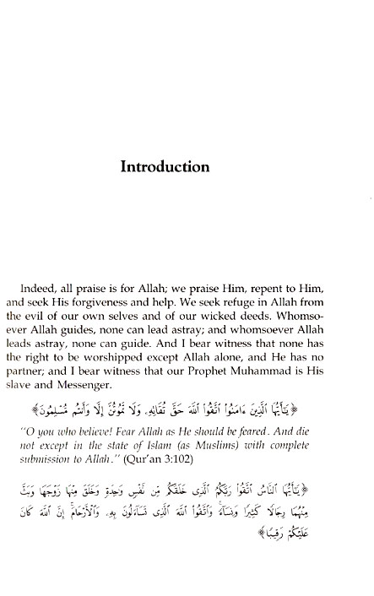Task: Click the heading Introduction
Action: pyautogui.click(x=165, y=166)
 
